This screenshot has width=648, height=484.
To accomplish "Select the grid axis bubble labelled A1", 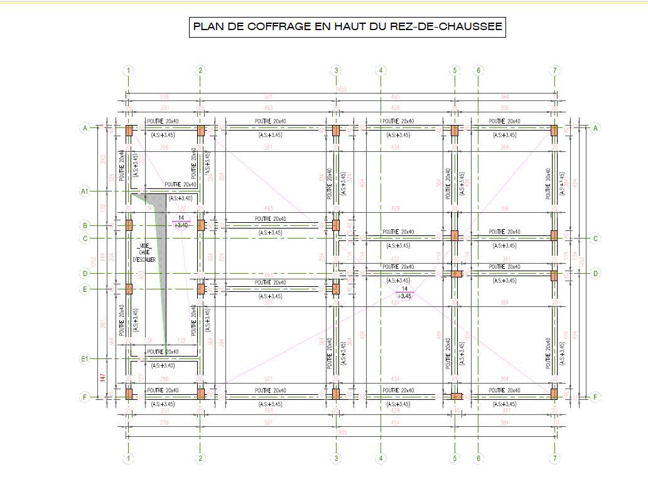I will point(85,191).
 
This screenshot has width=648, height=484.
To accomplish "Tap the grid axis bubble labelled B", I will point(85,225).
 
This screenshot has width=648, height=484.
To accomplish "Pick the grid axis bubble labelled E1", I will point(85,359).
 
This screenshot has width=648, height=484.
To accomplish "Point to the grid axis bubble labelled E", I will point(85,289).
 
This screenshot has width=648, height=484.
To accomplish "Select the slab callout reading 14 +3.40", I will point(181,222).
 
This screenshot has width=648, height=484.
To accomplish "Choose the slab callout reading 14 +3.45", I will point(404,292).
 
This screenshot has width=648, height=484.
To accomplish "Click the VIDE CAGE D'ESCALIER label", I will point(144,252).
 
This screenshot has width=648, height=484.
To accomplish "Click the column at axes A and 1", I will point(129,130).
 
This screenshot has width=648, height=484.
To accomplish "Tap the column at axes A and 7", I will point(554,130).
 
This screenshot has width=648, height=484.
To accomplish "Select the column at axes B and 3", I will point(336,225).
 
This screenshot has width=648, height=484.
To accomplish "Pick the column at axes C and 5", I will point(455,235).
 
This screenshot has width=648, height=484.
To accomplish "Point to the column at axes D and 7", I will point(554,274).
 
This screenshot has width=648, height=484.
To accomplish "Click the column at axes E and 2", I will point(201,289).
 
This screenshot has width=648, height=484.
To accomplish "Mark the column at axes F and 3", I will point(336,394).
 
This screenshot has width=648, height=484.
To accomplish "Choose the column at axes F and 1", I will point(129,394).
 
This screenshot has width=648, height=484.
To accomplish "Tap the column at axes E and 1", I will point(129,289).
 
